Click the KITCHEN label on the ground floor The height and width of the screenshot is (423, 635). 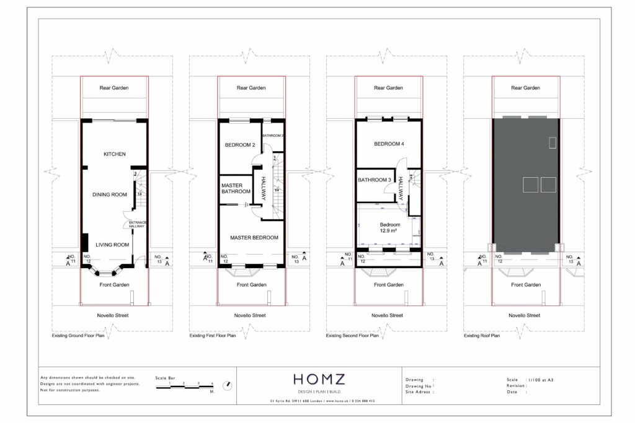[114, 154]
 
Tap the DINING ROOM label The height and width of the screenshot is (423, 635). [110, 194]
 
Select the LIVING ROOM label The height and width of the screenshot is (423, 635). [112, 245]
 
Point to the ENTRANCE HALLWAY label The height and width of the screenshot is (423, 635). [136, 224]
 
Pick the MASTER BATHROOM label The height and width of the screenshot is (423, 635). [236, 188]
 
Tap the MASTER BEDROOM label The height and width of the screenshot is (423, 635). [254, 237]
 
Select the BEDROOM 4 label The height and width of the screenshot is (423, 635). [389, 144]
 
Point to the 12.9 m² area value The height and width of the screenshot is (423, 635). [389, 230]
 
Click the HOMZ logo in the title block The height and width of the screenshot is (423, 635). [320, 379]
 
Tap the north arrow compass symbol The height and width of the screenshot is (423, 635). [228, 385]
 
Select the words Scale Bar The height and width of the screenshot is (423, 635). [165, 377]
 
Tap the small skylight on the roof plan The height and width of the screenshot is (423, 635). [553, 142]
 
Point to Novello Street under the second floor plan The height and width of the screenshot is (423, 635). [388, 315]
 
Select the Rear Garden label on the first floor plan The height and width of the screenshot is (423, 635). [251, 88]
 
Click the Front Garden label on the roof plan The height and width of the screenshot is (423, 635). [525, 285]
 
